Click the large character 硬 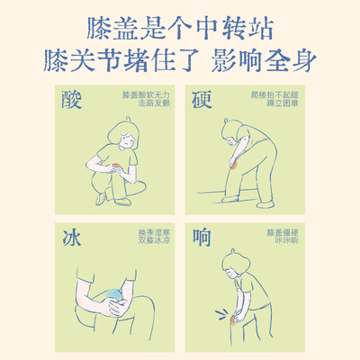(x=203, y=101)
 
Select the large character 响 (x=203, y=239)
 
